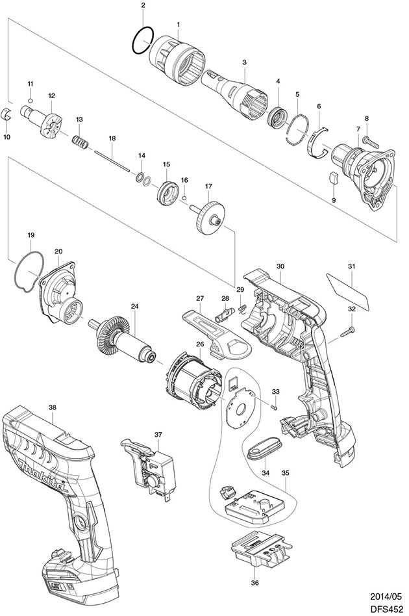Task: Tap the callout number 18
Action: pos(112,138)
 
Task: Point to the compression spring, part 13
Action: pos(80,141)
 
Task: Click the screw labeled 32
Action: pos(346,331)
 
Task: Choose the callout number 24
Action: pos(134,306)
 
